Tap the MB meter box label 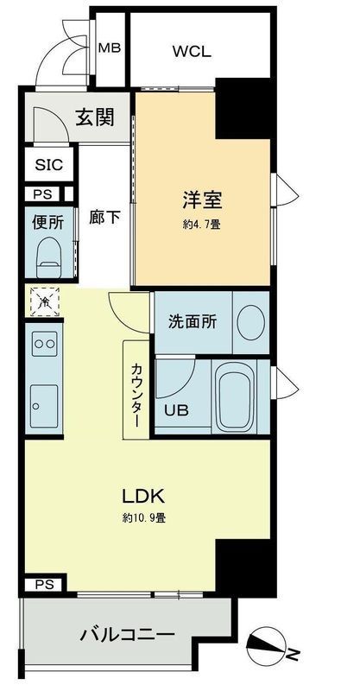pyautogui.click(x=109, y=48)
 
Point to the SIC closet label pyautogui.click(x=47, y=164)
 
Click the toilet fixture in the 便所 pyautogui.click(x=48, y=254)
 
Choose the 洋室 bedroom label pyautogui.click(x=202, y=200)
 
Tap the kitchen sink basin pyautogui.click(x=43, y=401)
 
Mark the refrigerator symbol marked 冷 pyautogui.click(x=41, y=301)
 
